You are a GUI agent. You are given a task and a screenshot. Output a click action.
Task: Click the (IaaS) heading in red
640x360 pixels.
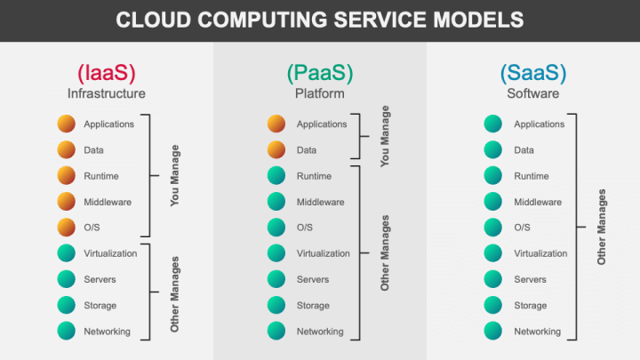(x=106, y=72)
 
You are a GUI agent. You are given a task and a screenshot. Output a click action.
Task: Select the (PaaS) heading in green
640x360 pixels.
(x=319, y=72)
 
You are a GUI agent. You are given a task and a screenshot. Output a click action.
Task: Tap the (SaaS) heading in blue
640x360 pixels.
(x=532, y=72)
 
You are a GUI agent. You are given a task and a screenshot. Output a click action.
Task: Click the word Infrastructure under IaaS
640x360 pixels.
(x=106, y=92)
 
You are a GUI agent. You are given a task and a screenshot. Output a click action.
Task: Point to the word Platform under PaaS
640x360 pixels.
(x=319, y=92)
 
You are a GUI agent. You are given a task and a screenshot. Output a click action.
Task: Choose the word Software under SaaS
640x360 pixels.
(x=532, y=92)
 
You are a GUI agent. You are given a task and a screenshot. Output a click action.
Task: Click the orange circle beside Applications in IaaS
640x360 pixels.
(x=67, y=124)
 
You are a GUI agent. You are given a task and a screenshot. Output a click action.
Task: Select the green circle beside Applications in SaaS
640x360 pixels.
(x=493, y=124)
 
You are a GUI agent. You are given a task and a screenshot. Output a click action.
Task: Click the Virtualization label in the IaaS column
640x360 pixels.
(x=110, y=253)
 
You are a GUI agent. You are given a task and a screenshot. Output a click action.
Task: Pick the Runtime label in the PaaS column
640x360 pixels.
(x=314, y=176)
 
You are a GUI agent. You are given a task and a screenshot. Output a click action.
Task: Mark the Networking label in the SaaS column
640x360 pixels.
(x=537, y=332)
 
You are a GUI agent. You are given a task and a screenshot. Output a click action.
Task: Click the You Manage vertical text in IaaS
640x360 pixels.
(x=174, y=176)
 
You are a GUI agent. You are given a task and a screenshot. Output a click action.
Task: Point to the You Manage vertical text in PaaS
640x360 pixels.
(x=385, y=137)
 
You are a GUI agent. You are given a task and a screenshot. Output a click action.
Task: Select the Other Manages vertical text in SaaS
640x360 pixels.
(x=602, y=227)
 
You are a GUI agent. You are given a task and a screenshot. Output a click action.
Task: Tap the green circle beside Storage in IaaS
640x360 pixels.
(x=67, y=305)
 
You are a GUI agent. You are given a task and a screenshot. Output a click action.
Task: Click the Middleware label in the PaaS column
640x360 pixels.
(x=320, y=202)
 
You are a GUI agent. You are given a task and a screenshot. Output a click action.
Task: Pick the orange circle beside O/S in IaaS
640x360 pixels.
(x=67, y=228)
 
